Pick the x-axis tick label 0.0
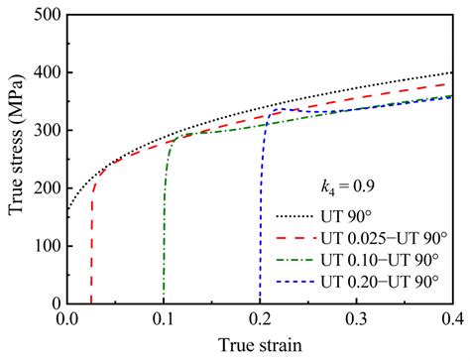(x=67, y=320)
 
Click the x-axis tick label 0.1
(x=164, y=320)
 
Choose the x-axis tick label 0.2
(x=260, y=320)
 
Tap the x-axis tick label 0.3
(x=356, y=320)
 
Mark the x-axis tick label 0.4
(x=452, y=320)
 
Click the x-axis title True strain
(x=260, y=345)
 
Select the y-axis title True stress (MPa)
(x=14, y=159)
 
